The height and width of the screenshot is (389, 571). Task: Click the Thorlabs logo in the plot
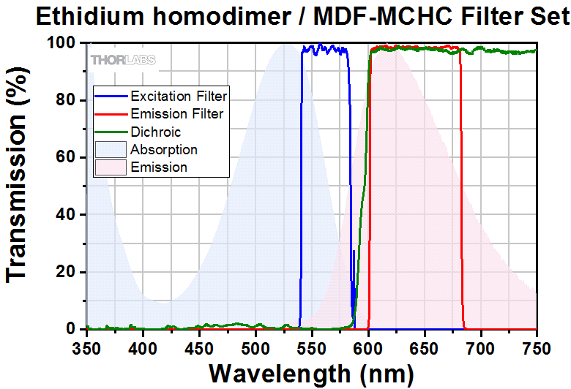click(x=123, y=59)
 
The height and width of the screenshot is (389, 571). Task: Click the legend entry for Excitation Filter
click(x=178, y=96)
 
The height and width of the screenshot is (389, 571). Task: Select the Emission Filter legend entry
click(x=176, y=114)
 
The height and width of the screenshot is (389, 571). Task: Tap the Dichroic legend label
click(x=155, y=132)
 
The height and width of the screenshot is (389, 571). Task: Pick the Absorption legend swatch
click(x=111, y=150)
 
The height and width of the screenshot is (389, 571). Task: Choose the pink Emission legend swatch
click(x=111, y=167)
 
